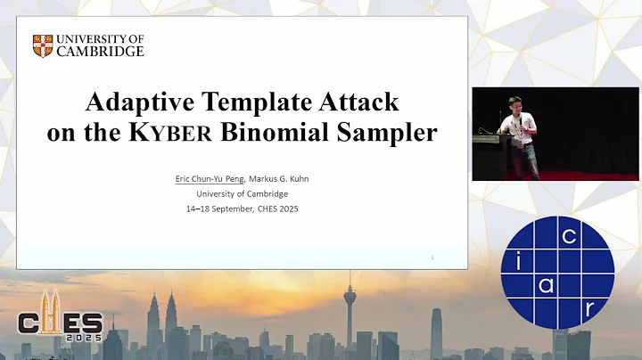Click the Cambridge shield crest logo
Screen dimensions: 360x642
[x=43, y=45]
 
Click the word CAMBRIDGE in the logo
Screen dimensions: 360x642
[x=100, y=52]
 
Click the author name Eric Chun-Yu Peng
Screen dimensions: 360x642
[x=210, y=180]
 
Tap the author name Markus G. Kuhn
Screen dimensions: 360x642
[x=278, y=180]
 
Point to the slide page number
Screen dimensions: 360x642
[x=432, y=258]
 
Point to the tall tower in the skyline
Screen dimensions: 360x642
[x=349, y=312]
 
